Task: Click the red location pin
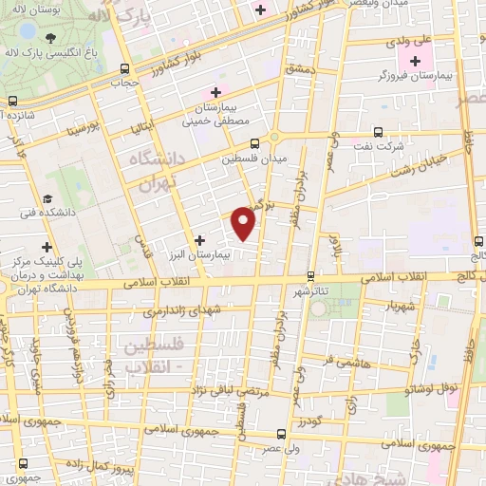point(244,224)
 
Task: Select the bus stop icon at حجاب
point(126,68)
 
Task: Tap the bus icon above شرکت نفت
point(378,133)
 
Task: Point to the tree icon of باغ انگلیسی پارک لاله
point(49,38)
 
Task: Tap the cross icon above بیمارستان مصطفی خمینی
point(215,92)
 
